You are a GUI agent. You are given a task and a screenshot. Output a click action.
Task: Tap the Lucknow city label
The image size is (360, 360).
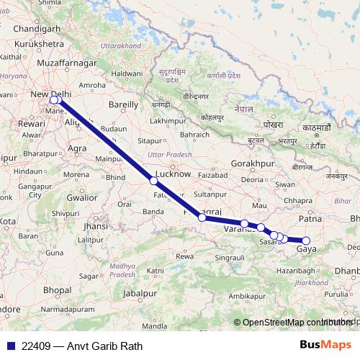[x=174, y=174]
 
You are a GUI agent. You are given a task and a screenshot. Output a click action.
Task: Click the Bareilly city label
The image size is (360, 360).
[x=122, y=105]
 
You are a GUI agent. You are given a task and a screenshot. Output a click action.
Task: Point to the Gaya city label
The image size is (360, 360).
[x=306, y=249]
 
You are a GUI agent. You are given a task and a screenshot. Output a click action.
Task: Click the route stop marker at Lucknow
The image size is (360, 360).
[x=153, y=181]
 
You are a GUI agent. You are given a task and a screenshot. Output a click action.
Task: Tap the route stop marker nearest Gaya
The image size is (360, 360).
[x=306, y=240]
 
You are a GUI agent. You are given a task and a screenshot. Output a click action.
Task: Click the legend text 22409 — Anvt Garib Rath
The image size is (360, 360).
[x=82, y=346]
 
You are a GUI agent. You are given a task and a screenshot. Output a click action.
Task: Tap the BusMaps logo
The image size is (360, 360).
[x=326, y=345]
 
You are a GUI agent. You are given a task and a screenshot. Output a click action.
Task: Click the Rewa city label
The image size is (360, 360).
[x=185, y=256]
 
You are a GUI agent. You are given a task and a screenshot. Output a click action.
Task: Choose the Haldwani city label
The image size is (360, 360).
[x=127, y=74]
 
